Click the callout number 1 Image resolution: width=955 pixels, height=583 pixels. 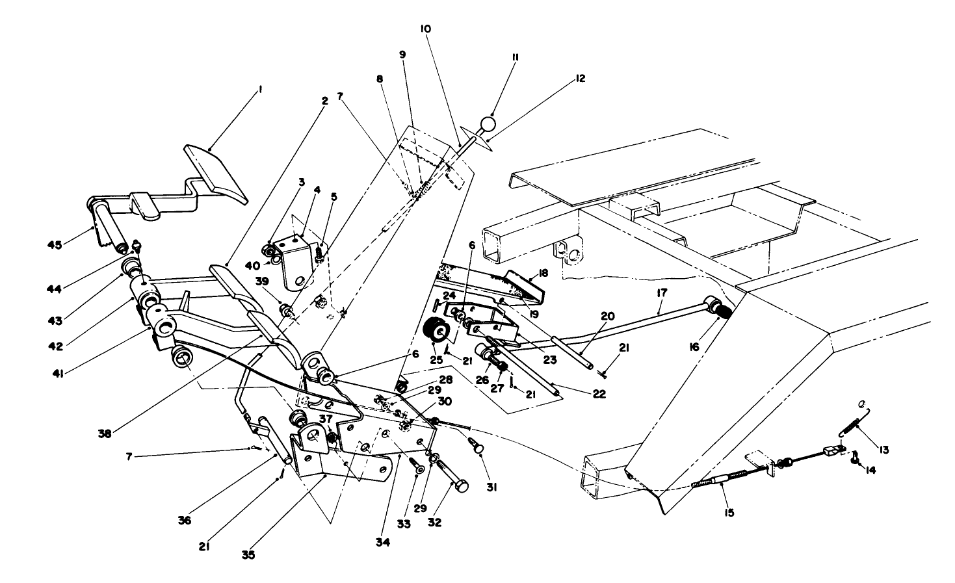[x=259, y=91]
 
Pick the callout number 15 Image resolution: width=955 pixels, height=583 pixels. [x=728, y=513]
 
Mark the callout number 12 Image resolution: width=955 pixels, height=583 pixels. [x=581, y=79]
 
